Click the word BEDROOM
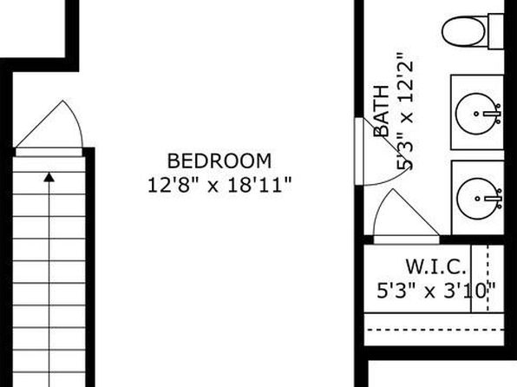[x=219, y=161]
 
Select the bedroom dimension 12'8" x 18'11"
[x=219, y=185]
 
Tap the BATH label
[x=381, y=111]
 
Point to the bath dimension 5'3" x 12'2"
[x=404, y=111]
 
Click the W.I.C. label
[x=435, y=266]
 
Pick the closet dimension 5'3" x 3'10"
[x=435, y=291]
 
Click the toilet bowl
[x=463, y=32]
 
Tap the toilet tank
[x=496, y=31]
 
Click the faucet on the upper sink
[x=494, y=114]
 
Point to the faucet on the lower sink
[x=494, y=199]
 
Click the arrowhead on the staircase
[x=49, y=177]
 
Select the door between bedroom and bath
[x=359, y=152]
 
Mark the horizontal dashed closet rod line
[x=435, y=330]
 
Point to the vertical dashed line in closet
[x=488, y=279]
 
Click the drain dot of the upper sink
[x=476, y=114]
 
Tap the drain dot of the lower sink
[x=478, y=199]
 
